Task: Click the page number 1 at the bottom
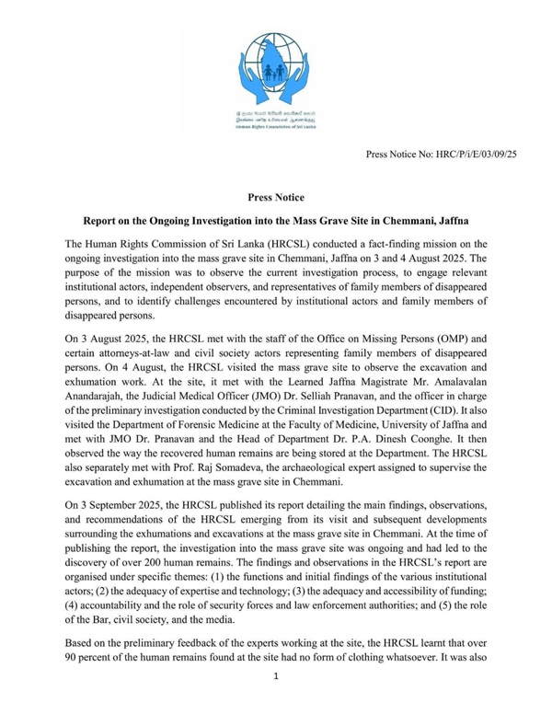coord(275,702)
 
